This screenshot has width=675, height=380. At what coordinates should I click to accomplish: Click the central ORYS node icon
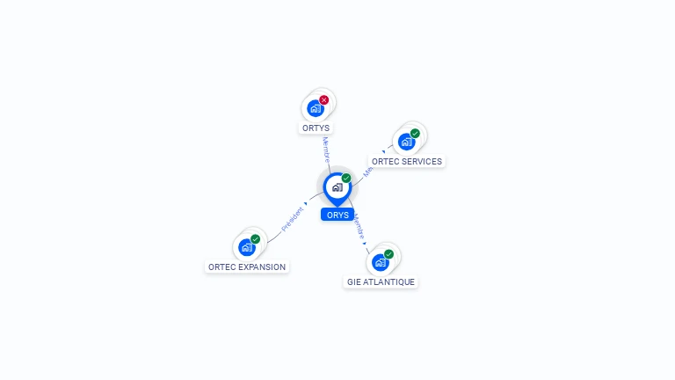(x=337, y=187)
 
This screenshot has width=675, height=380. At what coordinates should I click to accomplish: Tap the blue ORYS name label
(x=337, y=215)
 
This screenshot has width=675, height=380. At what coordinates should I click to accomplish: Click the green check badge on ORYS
(x=346, y=178)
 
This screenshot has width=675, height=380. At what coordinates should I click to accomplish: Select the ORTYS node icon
(x=316, y=109)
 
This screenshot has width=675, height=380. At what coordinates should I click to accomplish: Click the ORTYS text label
(x=316, y=128)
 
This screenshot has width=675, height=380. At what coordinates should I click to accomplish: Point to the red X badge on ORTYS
(x=324, y=100)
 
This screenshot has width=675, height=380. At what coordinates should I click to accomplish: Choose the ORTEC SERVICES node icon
(x=406, y=142)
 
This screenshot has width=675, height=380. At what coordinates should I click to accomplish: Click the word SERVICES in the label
(x=422, y=162)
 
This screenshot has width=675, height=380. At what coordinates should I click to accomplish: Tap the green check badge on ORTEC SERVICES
(x=415, y=134)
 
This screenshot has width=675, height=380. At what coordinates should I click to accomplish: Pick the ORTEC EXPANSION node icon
(x=247, y=247)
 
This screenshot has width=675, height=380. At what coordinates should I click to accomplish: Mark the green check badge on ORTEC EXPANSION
(x=256, y=238)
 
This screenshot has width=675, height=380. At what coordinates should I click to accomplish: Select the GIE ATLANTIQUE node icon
(x=380, y=262)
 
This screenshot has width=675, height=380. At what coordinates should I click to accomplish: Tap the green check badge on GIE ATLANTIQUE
(x=388, y=254)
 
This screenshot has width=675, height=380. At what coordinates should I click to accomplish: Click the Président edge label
(x=292, y=219)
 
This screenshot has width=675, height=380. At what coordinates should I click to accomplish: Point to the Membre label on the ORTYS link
(x=325, y=149)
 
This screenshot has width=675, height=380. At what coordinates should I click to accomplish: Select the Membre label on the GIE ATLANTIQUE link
(x=359, y=227)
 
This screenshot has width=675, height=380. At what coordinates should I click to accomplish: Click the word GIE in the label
(x=354, y=282)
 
